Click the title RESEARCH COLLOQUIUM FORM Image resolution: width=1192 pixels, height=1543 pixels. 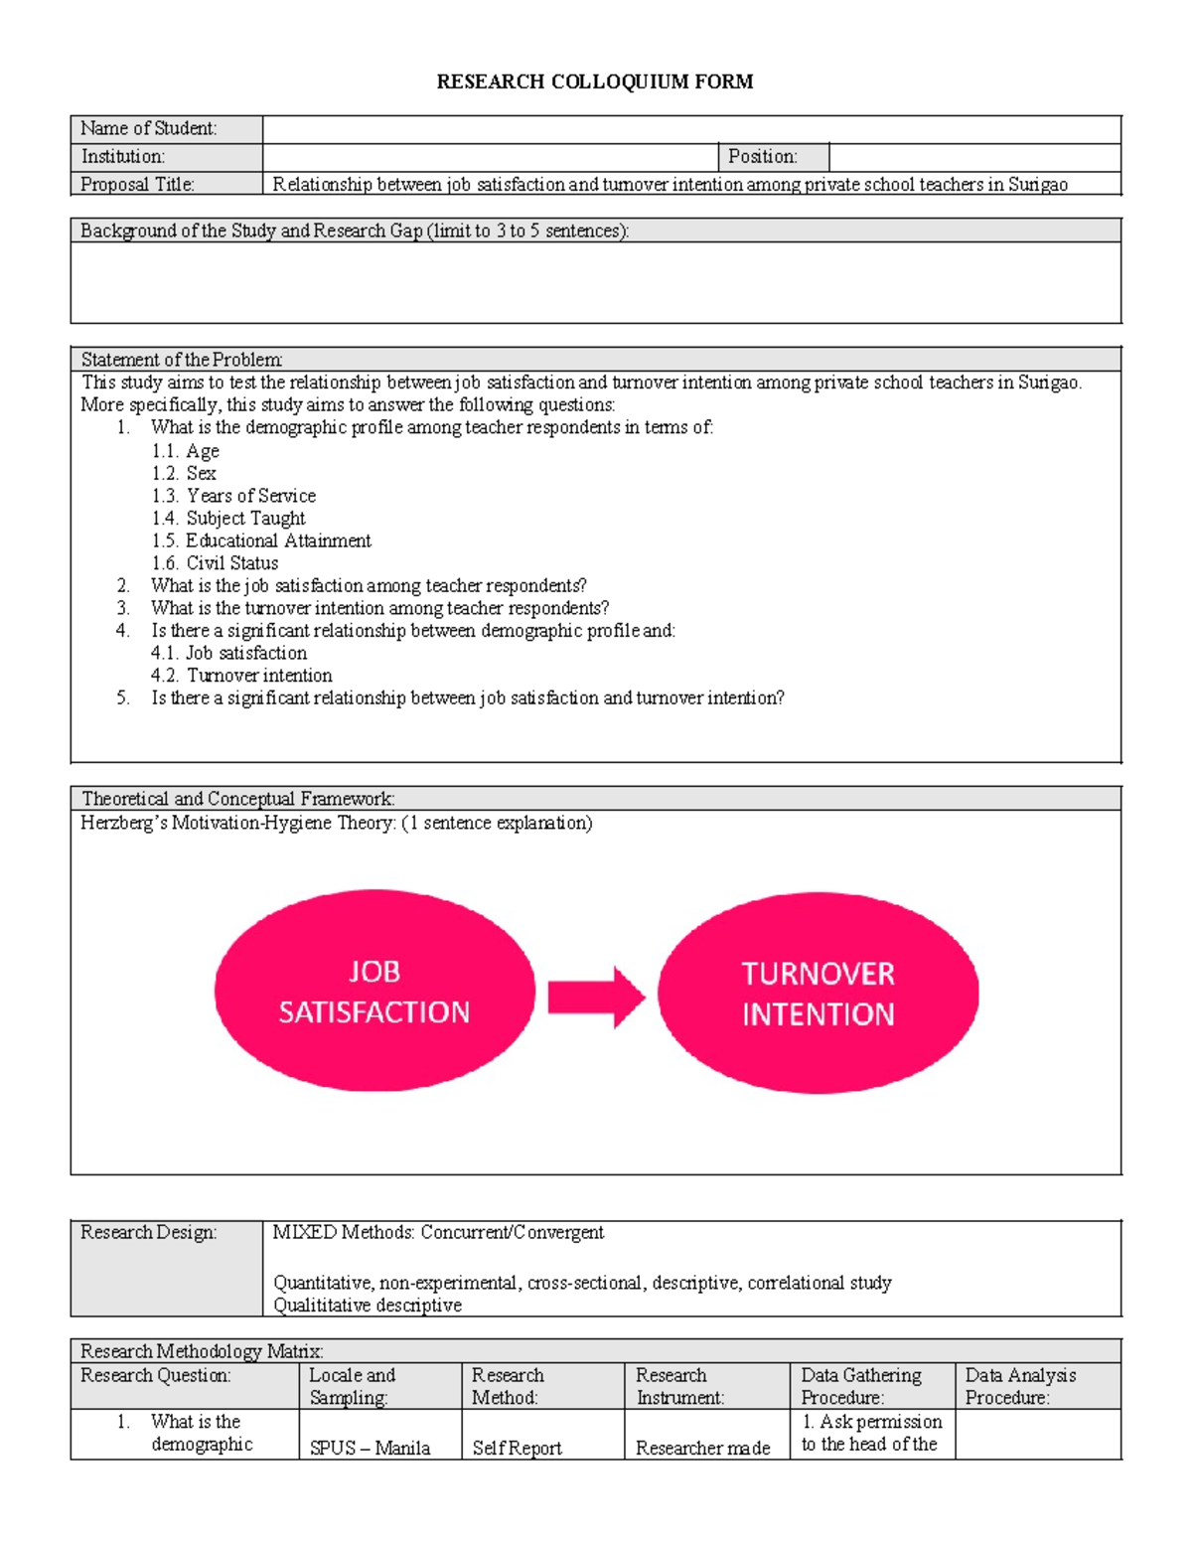click(x=594, y=81)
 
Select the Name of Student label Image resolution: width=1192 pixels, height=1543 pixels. click(x=149, y=128)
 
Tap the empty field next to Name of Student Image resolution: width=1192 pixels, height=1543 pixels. click(x=691, y=129)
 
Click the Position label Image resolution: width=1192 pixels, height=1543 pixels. click(x=763, y=157)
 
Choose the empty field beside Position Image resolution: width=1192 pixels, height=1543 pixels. click(x=973, y=157)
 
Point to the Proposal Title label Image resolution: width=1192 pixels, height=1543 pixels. click(x=138, y=184)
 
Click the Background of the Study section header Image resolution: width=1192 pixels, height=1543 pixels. click(x=355, y=231)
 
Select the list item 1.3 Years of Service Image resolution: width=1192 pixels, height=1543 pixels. click(x=234, y=496)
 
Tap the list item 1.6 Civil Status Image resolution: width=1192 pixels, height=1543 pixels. click(x=216, y=563)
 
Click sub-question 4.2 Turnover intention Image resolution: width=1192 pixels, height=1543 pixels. click(x=242, y=676)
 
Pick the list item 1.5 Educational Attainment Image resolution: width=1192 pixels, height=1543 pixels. click(x=262, y=540)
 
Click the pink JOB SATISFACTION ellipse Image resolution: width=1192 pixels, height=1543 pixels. click(x=374, y=992)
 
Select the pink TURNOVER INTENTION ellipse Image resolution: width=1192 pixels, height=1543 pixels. click(x=818, y=994)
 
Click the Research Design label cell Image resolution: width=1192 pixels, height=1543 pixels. click(x=149, y=1232)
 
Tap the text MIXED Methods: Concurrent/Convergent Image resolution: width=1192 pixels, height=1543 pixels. click(x=438, y=1232)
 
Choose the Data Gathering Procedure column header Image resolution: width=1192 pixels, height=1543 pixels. click(x=861, y=1386)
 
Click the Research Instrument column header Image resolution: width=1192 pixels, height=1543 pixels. click(x=680, y=1386)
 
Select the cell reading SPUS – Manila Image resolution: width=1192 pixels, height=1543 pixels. click(x=370, y=1448)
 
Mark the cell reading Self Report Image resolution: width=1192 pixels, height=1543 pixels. click(x=518, y=1448)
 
